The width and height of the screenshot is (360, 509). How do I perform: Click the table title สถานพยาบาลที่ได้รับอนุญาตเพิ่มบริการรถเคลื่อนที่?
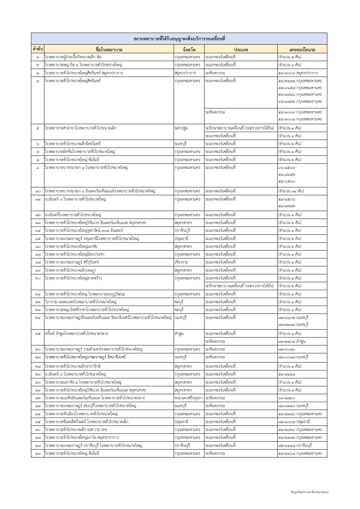[179, 39]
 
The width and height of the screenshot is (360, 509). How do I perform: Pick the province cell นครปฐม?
[181, 128]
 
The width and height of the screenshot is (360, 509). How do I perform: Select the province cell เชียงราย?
[181, 262]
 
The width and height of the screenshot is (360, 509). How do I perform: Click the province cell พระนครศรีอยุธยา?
[189, 398]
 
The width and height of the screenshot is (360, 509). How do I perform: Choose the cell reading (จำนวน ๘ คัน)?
[290, 390]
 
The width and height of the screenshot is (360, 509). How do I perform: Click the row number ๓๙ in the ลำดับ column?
[38, 453]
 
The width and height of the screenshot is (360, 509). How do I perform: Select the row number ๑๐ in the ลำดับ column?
[38, 191]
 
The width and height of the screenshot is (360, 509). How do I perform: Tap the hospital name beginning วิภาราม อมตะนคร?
[81, 302]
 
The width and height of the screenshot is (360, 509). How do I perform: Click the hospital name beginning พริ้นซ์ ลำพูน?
[76, 333]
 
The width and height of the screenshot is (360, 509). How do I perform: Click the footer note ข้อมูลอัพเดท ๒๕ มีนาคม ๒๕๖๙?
[309, 492]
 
